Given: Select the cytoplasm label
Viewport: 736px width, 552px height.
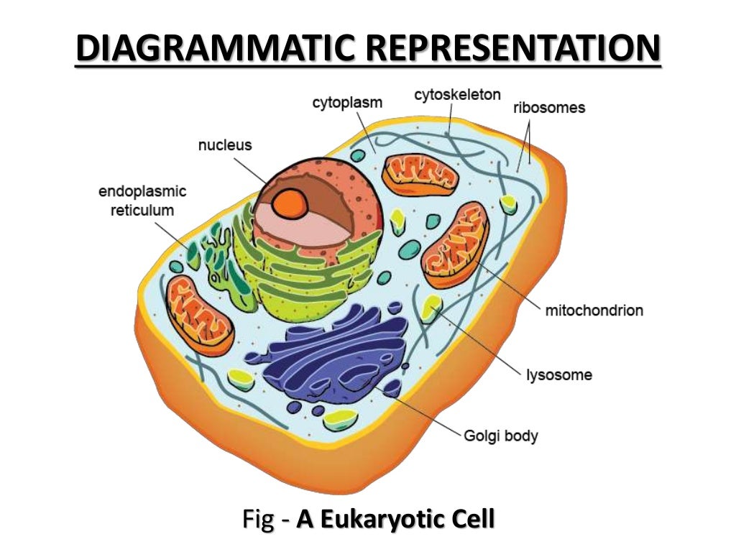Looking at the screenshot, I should click(347, 103).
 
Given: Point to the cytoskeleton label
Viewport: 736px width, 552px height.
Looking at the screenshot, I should click(457, 95).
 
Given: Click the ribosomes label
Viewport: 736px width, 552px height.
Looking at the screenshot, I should click(549, 109).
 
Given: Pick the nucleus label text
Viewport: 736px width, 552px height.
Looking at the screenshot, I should click(225, 144).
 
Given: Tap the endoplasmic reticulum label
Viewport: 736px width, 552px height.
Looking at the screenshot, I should click(142, 201).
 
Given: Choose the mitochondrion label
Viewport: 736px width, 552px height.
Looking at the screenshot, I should click(594, 311).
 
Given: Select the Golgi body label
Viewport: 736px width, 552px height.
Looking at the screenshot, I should click(501, 436).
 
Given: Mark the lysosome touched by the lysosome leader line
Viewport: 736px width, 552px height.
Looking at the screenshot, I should click(432, 307).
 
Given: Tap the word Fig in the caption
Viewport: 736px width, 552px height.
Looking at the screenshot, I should click(257, 519).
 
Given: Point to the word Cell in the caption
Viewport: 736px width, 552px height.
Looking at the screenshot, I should click(471, 519).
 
